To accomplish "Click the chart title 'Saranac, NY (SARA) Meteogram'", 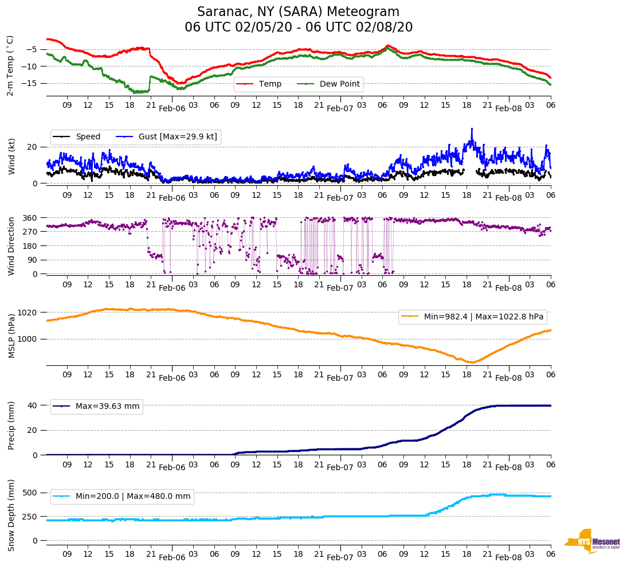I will [298, 12].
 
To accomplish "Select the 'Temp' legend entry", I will [270, 84].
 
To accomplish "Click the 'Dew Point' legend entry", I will [339, 84].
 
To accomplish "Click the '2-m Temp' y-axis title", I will [10, 65].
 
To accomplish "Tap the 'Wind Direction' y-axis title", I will [11, 246].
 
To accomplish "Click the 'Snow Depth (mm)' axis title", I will [11, 515].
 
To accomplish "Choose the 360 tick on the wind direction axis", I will [30, 218].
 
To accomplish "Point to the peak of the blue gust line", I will [472, 129].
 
